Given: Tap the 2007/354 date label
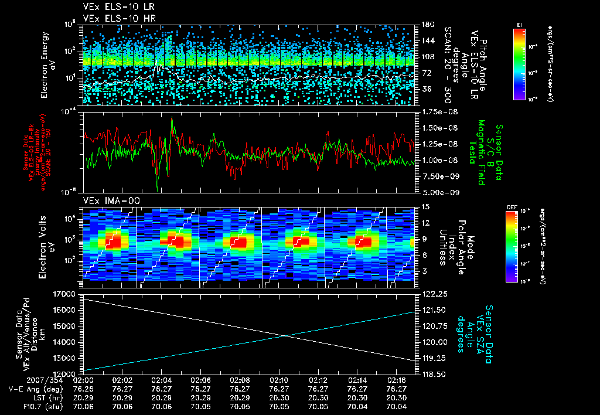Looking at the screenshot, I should tap(20, 379).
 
